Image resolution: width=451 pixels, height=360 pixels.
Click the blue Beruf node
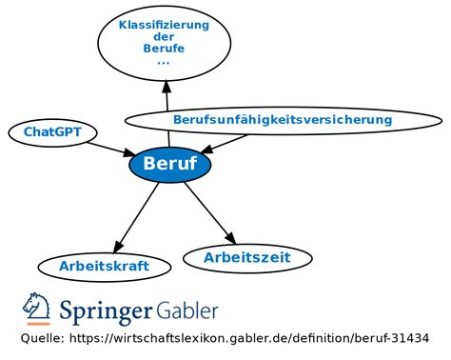(169, 164)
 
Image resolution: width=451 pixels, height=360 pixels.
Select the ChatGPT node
(52, 132)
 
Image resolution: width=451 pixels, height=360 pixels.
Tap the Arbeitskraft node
(105, 267)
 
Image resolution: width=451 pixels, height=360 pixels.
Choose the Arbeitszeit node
(247, 258)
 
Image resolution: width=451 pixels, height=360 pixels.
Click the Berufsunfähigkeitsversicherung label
(283, 120)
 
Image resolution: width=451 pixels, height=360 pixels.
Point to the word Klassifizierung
(164, 25)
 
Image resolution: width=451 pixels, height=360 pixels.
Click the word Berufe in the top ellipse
(164, 49)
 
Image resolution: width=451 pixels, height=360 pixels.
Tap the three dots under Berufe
(164, 63)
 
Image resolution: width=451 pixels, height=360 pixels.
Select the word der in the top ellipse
(164, 36)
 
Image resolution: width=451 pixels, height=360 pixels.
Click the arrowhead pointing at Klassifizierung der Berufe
(167, 87)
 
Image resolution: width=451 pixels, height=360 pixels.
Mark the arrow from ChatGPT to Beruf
(111, 150)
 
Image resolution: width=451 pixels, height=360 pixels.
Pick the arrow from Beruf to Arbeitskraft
(136, 218)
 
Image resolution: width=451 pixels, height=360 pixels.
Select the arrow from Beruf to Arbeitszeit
(210, 213)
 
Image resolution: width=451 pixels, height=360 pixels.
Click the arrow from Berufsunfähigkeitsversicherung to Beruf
(224, 144)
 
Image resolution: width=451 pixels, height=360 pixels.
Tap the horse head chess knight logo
(36, 306)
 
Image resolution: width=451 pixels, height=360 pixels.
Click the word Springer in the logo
(106, 310)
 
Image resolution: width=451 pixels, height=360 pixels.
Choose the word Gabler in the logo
(186, 310)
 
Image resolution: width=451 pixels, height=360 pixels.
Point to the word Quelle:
(43, 338)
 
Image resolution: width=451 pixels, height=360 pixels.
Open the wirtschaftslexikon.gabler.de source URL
(249, 338)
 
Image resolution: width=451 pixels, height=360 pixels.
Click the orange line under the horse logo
(39, 324)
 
